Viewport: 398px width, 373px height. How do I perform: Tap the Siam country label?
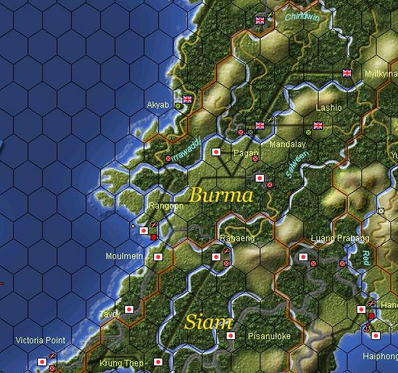[x=207, y=322]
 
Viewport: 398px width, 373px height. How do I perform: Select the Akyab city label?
[x=158, y=105]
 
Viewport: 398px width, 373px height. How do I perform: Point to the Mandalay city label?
[x=287, y=144]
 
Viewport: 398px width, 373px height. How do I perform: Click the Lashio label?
[x=328, y=108]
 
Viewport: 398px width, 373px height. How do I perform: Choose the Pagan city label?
[x=246, y=153]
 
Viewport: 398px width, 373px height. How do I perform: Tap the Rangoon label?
[x=166, y=206]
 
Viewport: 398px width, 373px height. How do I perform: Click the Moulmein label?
[x=124, y=256]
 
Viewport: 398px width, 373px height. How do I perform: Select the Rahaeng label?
[x=236, y=238]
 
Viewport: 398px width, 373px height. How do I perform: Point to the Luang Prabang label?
[x=340, y=238]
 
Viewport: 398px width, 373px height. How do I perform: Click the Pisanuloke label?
[x=269, y=336]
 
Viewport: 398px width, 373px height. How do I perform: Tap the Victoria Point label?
[x=40, y=341]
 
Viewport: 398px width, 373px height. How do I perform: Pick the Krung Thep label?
[x=121, y=363]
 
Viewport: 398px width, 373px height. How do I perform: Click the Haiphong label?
[x=380, y=357]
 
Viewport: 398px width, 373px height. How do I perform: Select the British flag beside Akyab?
[x=187, y=99]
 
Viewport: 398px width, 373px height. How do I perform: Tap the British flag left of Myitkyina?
[x=347, y=73]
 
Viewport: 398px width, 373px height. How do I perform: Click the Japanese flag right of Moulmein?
[x=158, y=256]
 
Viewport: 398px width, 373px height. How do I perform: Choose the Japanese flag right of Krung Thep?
[x=158, y=361]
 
